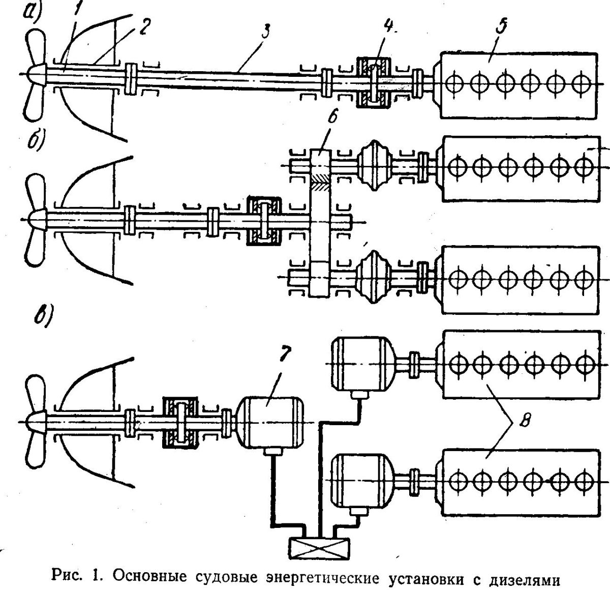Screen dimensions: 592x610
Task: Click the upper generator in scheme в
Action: pos(359,365)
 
